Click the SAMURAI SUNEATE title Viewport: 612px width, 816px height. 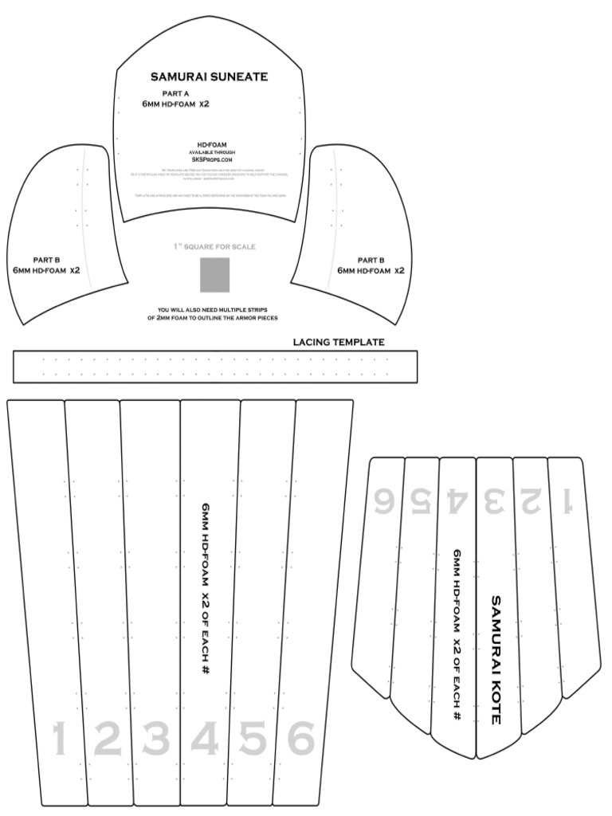(x=209, y=77)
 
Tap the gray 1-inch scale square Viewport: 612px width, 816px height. (x=214, y=274)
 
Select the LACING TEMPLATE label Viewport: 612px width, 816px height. (x=339, y=343)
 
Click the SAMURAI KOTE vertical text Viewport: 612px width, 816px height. (x=495, y=659)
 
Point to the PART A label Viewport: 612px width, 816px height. (x=175, y=94)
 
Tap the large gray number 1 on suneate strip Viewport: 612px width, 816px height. (x=58, y=739)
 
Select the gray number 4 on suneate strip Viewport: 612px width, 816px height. (x=205, y=739)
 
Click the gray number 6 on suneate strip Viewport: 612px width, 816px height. (x=300, y=739)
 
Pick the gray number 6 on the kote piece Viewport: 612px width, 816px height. (x=384, y=500)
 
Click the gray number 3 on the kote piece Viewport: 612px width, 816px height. (x=495, y=500)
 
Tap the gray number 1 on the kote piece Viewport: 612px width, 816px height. (x=567, y=500)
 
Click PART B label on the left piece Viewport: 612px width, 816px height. (x=46, y=260)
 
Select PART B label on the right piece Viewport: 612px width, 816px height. (x=371, y=260)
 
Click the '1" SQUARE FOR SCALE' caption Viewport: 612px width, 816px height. (x=214, y=247)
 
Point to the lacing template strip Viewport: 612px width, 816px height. (x=215, y=367)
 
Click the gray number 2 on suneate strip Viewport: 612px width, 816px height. (x=108, y=739)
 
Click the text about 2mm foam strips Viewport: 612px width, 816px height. (x=214, y=313)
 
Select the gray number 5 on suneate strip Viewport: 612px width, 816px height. (x=253, y=739)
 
